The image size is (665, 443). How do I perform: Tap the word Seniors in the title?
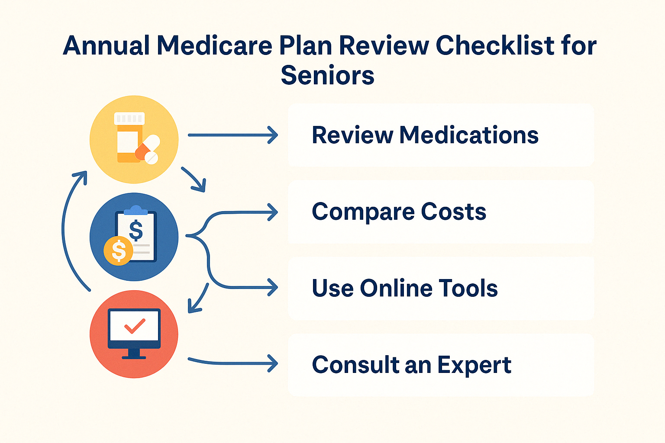[327, 76]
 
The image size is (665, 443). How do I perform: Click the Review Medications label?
[425, 135]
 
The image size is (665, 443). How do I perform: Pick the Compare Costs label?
[399, 212]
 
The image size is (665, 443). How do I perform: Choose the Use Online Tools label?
[404, 288]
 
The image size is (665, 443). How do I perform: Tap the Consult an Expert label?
[411, 365]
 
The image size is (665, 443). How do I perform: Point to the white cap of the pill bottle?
[129, 118]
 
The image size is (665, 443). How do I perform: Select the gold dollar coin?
[118, 251]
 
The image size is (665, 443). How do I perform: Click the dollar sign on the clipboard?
[136, 230]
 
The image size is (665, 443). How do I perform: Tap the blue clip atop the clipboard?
[136, 211]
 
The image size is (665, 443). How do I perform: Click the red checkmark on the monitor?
[135, 326]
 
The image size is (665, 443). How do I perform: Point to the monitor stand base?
[134, 356]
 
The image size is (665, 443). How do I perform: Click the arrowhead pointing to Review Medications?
[273, 135]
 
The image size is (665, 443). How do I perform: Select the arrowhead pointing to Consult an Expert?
[273, 363]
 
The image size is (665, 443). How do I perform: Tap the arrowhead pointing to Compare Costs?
[273, 212]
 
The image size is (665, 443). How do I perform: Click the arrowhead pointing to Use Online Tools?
[273, 287]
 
